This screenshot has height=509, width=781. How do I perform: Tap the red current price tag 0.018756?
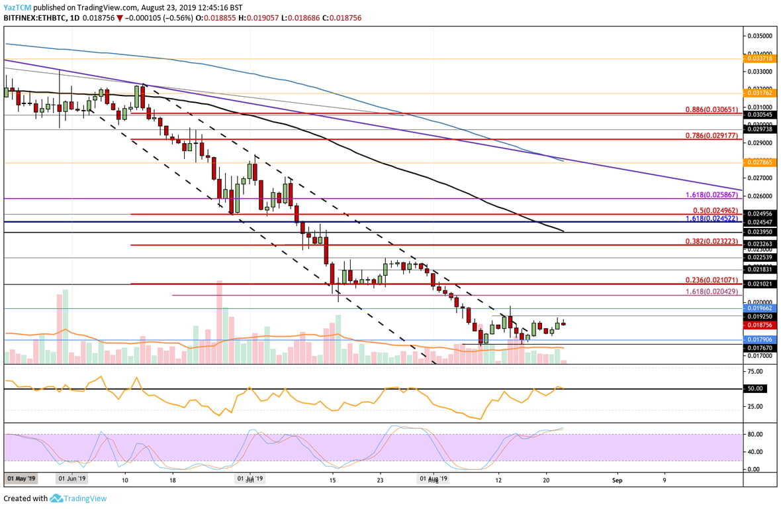(x=760, y=325)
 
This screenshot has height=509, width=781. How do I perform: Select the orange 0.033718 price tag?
(x=760, y=58)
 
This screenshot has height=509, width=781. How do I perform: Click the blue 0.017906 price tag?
(x=760, y=339)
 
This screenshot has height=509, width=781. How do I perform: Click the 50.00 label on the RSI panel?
(x=755, y=388)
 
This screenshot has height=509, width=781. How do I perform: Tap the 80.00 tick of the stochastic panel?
(x=755, y=434)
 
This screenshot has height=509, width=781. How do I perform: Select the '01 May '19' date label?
(x=21, y=478)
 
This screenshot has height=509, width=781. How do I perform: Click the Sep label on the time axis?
(x=617, y=478)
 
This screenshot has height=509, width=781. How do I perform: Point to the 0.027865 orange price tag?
(x=760, y=162)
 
